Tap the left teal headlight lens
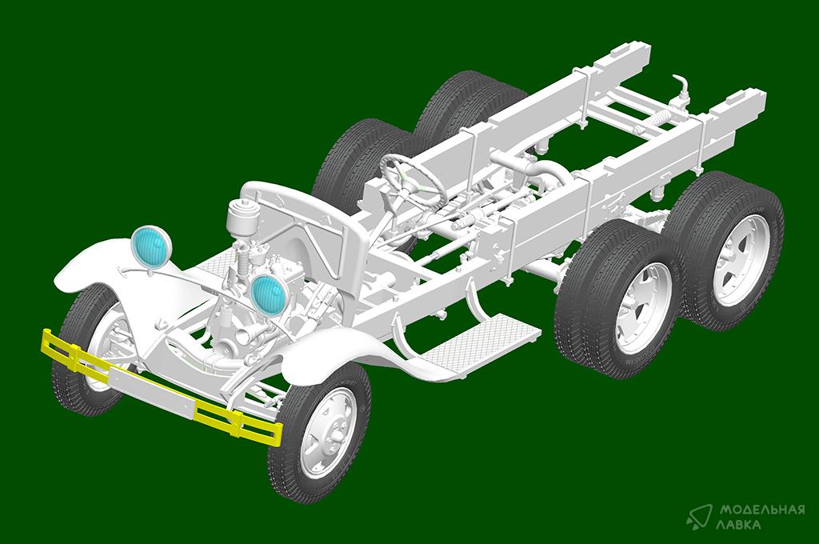tap(150, 245)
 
